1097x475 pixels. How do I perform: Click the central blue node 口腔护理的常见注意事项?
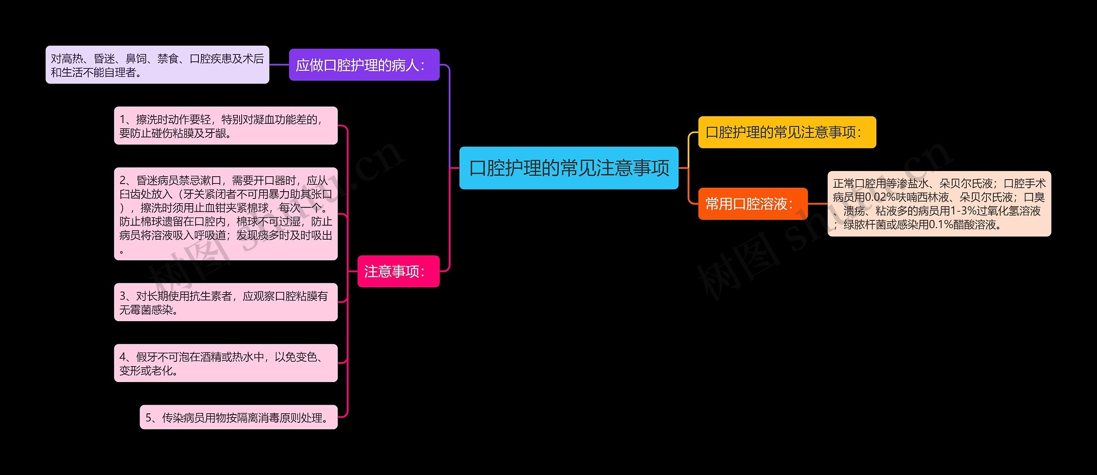(569, 168)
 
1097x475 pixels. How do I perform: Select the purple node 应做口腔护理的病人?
(364, 65)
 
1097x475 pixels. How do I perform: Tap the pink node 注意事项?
(398, 271)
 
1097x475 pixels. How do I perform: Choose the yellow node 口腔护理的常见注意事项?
(787, 132)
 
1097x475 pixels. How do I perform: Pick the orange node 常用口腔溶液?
(752, 204)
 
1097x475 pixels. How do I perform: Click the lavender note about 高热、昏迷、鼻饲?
(157, 65)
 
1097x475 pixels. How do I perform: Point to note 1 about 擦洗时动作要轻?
(225, 126)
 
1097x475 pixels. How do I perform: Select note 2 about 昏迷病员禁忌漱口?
(225, 214)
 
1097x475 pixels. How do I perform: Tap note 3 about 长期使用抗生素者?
(225, 302)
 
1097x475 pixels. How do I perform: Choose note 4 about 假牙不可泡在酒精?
(225, 363)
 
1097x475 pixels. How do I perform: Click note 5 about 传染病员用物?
(238, 417)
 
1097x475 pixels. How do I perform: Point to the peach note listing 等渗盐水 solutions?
(939, 204)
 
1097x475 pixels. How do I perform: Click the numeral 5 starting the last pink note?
(149, 418)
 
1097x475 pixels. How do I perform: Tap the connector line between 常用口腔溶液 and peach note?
(818, 204)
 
